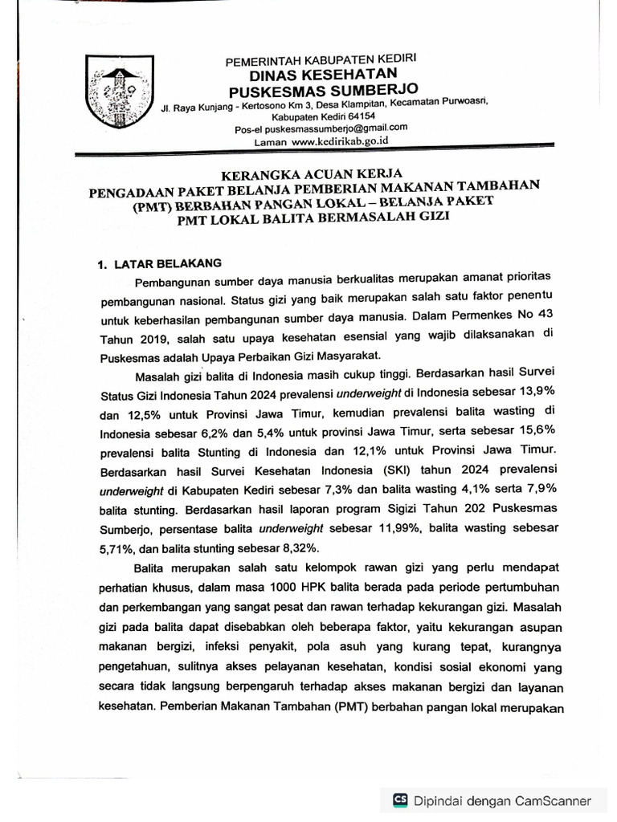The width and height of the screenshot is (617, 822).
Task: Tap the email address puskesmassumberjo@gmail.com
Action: tap(345, 127)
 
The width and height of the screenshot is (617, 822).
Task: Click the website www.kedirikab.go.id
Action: tap(339, 141)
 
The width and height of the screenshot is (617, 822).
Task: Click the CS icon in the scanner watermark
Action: tap(399, 800)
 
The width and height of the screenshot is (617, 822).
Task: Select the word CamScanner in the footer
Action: tap(553, 800)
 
